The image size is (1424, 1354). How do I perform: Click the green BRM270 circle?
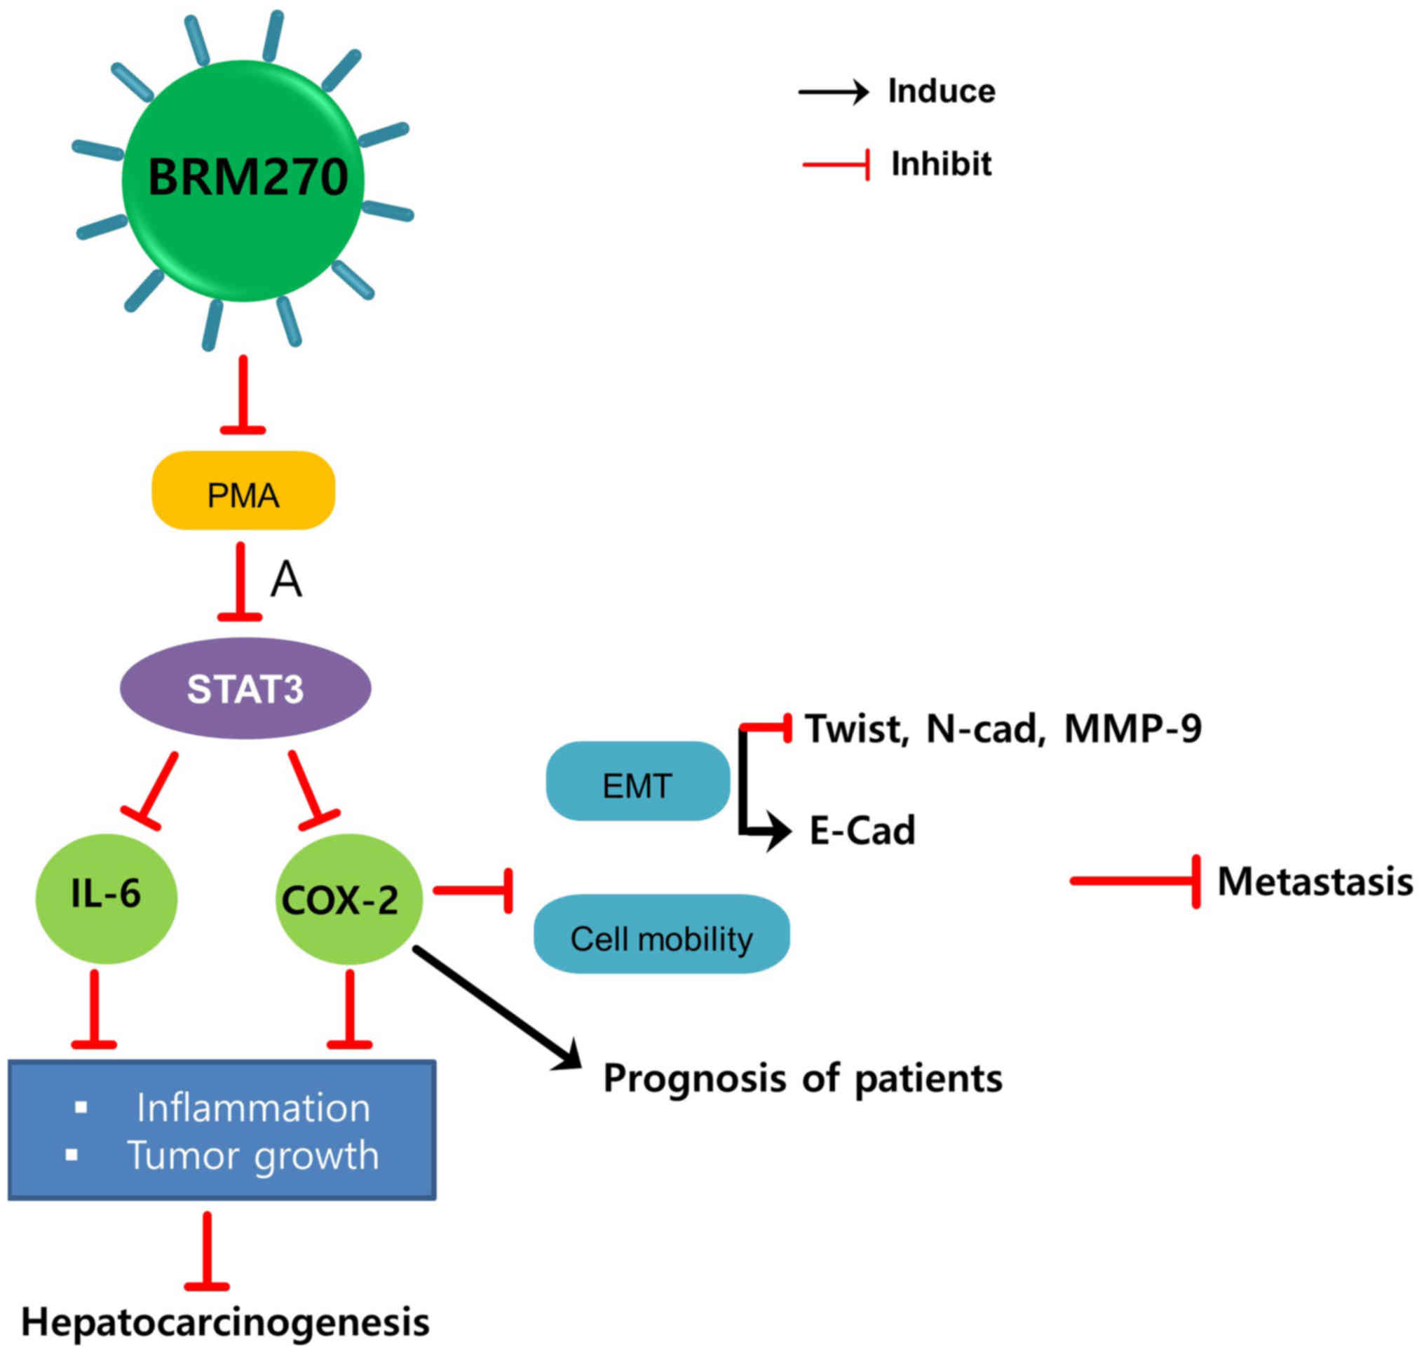point(243,180)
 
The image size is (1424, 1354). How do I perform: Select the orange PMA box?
point(243,491)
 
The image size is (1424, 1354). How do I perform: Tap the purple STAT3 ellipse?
point(245,688)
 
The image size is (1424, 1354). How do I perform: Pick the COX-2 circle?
point(348,899)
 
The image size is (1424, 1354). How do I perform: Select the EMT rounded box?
point(637,781)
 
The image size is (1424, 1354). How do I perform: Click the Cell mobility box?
point(661,934)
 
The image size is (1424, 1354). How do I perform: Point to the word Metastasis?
point(1315,881)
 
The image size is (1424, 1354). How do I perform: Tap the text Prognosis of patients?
point(803,1078)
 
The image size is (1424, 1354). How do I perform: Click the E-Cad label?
point(862,830)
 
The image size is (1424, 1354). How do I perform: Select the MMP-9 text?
point(1132,729)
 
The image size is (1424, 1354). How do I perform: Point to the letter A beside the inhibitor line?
point(286,580)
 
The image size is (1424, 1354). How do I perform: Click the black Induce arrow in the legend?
point(833,92)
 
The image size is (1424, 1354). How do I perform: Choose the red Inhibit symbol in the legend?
point(836,165)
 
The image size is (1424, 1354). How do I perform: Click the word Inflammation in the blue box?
point(253,1108)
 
